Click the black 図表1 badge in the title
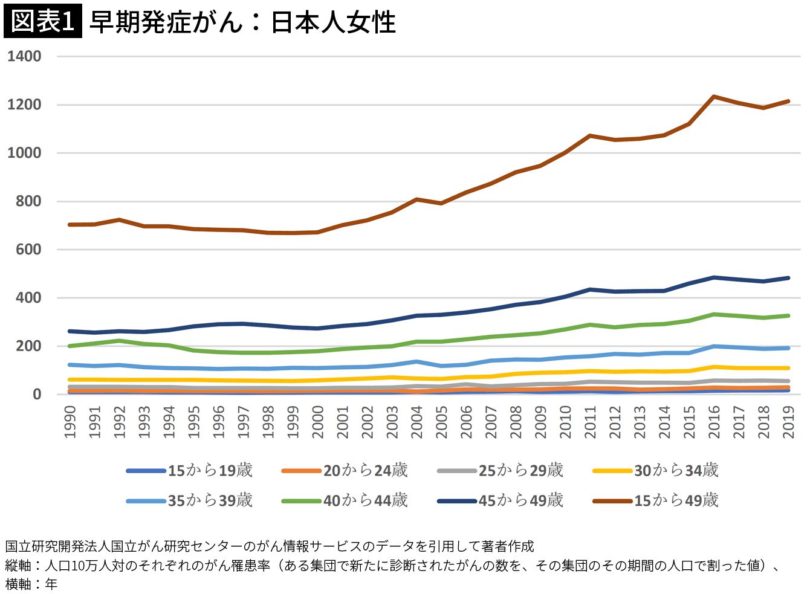pos(43,21)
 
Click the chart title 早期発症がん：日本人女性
pos(242,22)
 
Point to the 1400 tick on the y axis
pos(24,56)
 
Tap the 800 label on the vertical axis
pos(28,201)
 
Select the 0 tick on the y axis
pos(36,395)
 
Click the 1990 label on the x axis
pos(70,422)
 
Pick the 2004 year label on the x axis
pos(417,422)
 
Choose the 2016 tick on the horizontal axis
pos(714,422)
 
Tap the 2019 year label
pos(789,422)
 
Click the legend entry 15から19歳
pos(189,471)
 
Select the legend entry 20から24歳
pos(345,471)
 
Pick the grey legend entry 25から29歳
pos(500,471)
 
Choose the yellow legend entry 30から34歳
pos(655,471)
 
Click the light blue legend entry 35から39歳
pos(189,501)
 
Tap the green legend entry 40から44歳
pos(345,501)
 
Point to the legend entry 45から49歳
pos(500,501)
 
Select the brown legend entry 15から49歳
pos(655,501)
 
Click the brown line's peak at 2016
pos(714,96)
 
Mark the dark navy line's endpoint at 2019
pos(789,278)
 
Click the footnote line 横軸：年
pos(31,584)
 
